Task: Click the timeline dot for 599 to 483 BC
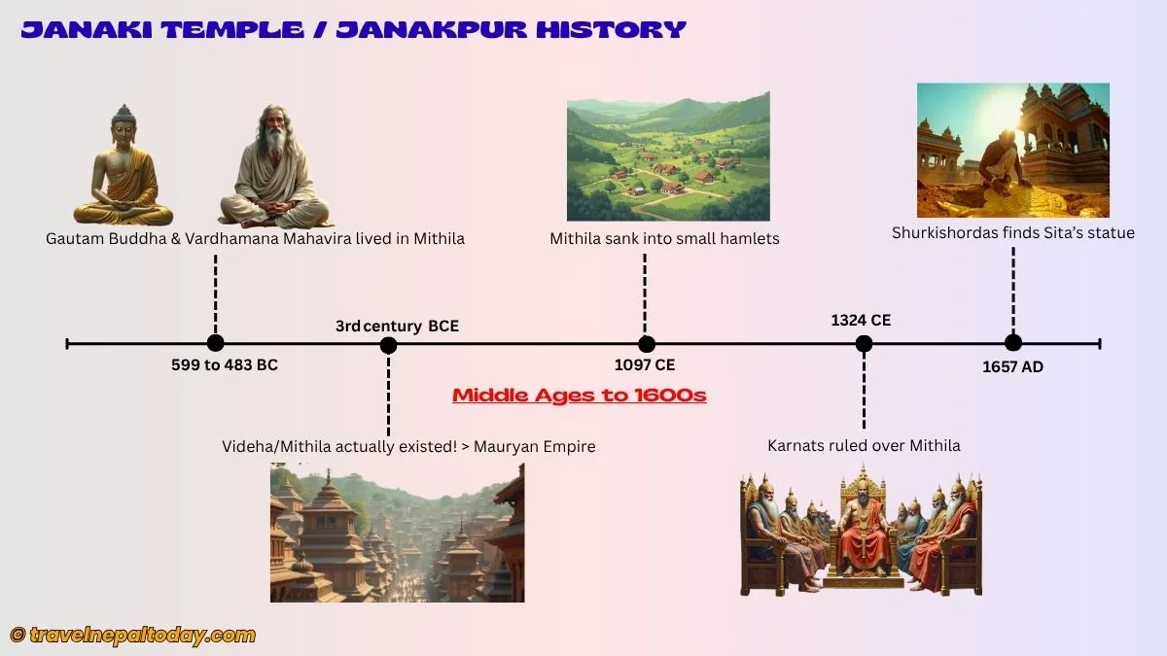(215, 343)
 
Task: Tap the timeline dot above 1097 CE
(646, 343)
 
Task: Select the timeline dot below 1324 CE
(864, 343)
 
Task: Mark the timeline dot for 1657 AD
(1012, 342)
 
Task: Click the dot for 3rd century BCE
(388, 344)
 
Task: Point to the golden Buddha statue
(123, 167)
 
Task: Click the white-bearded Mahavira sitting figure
(275, 170)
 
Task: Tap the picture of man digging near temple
(1012, 150)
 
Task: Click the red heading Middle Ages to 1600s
(579, 396)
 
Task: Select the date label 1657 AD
(1012, 366)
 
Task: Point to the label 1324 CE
(861, 320)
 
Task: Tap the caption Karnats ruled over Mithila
(864, 445)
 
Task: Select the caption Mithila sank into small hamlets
(664, 238)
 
